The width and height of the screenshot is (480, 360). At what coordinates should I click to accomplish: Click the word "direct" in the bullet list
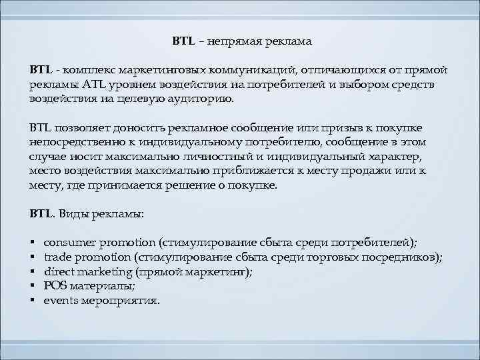click(x=61, y=271)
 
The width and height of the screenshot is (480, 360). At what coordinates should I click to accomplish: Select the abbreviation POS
click(x=55, y=286)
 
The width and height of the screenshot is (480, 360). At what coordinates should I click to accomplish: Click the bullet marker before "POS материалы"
click(x=32, y=286)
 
